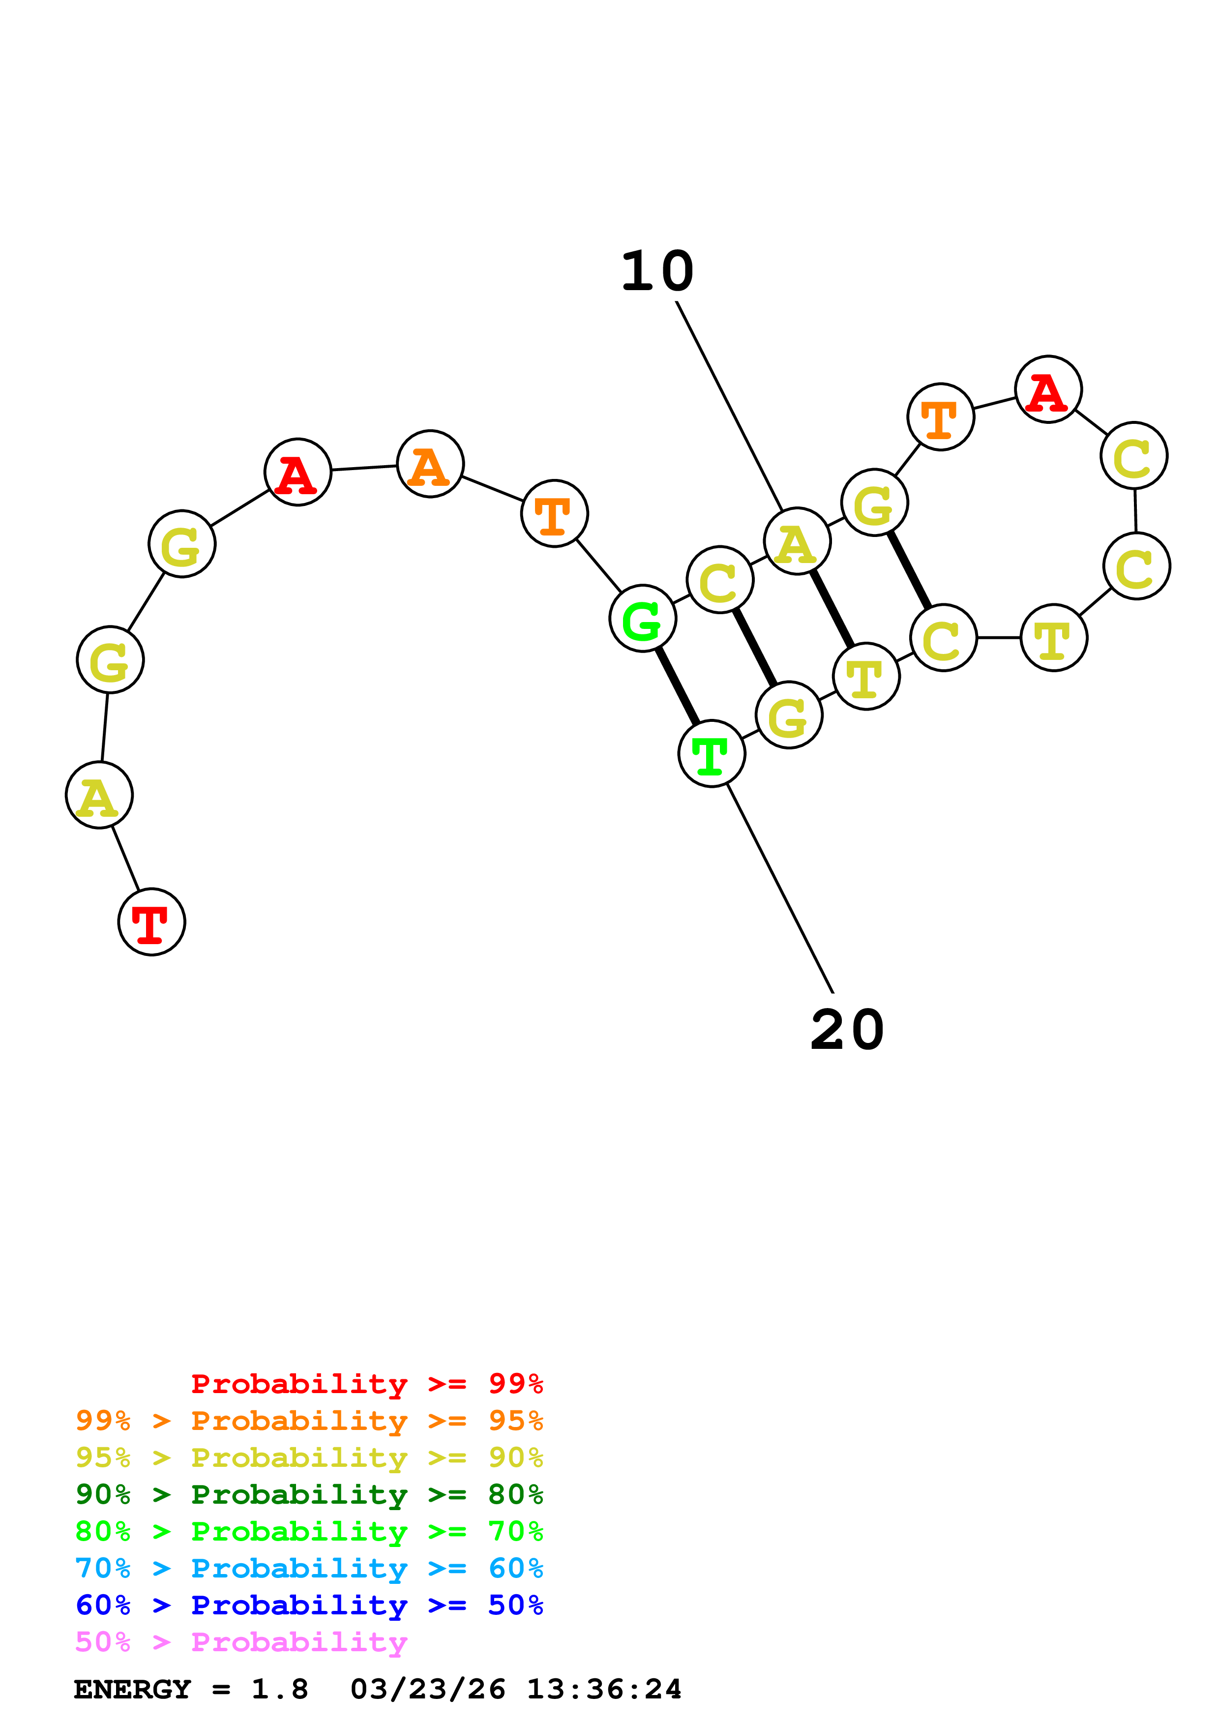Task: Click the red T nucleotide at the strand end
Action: [152, 922]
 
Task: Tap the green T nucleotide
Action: [711, 753]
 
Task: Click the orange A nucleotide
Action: [430, 464]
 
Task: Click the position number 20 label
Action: [847, 1030]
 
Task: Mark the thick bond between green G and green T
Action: [678, 686]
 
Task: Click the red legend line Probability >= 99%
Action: [366, 1383]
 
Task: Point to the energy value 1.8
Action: [279, 1689]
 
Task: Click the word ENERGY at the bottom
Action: [132, 1689]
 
